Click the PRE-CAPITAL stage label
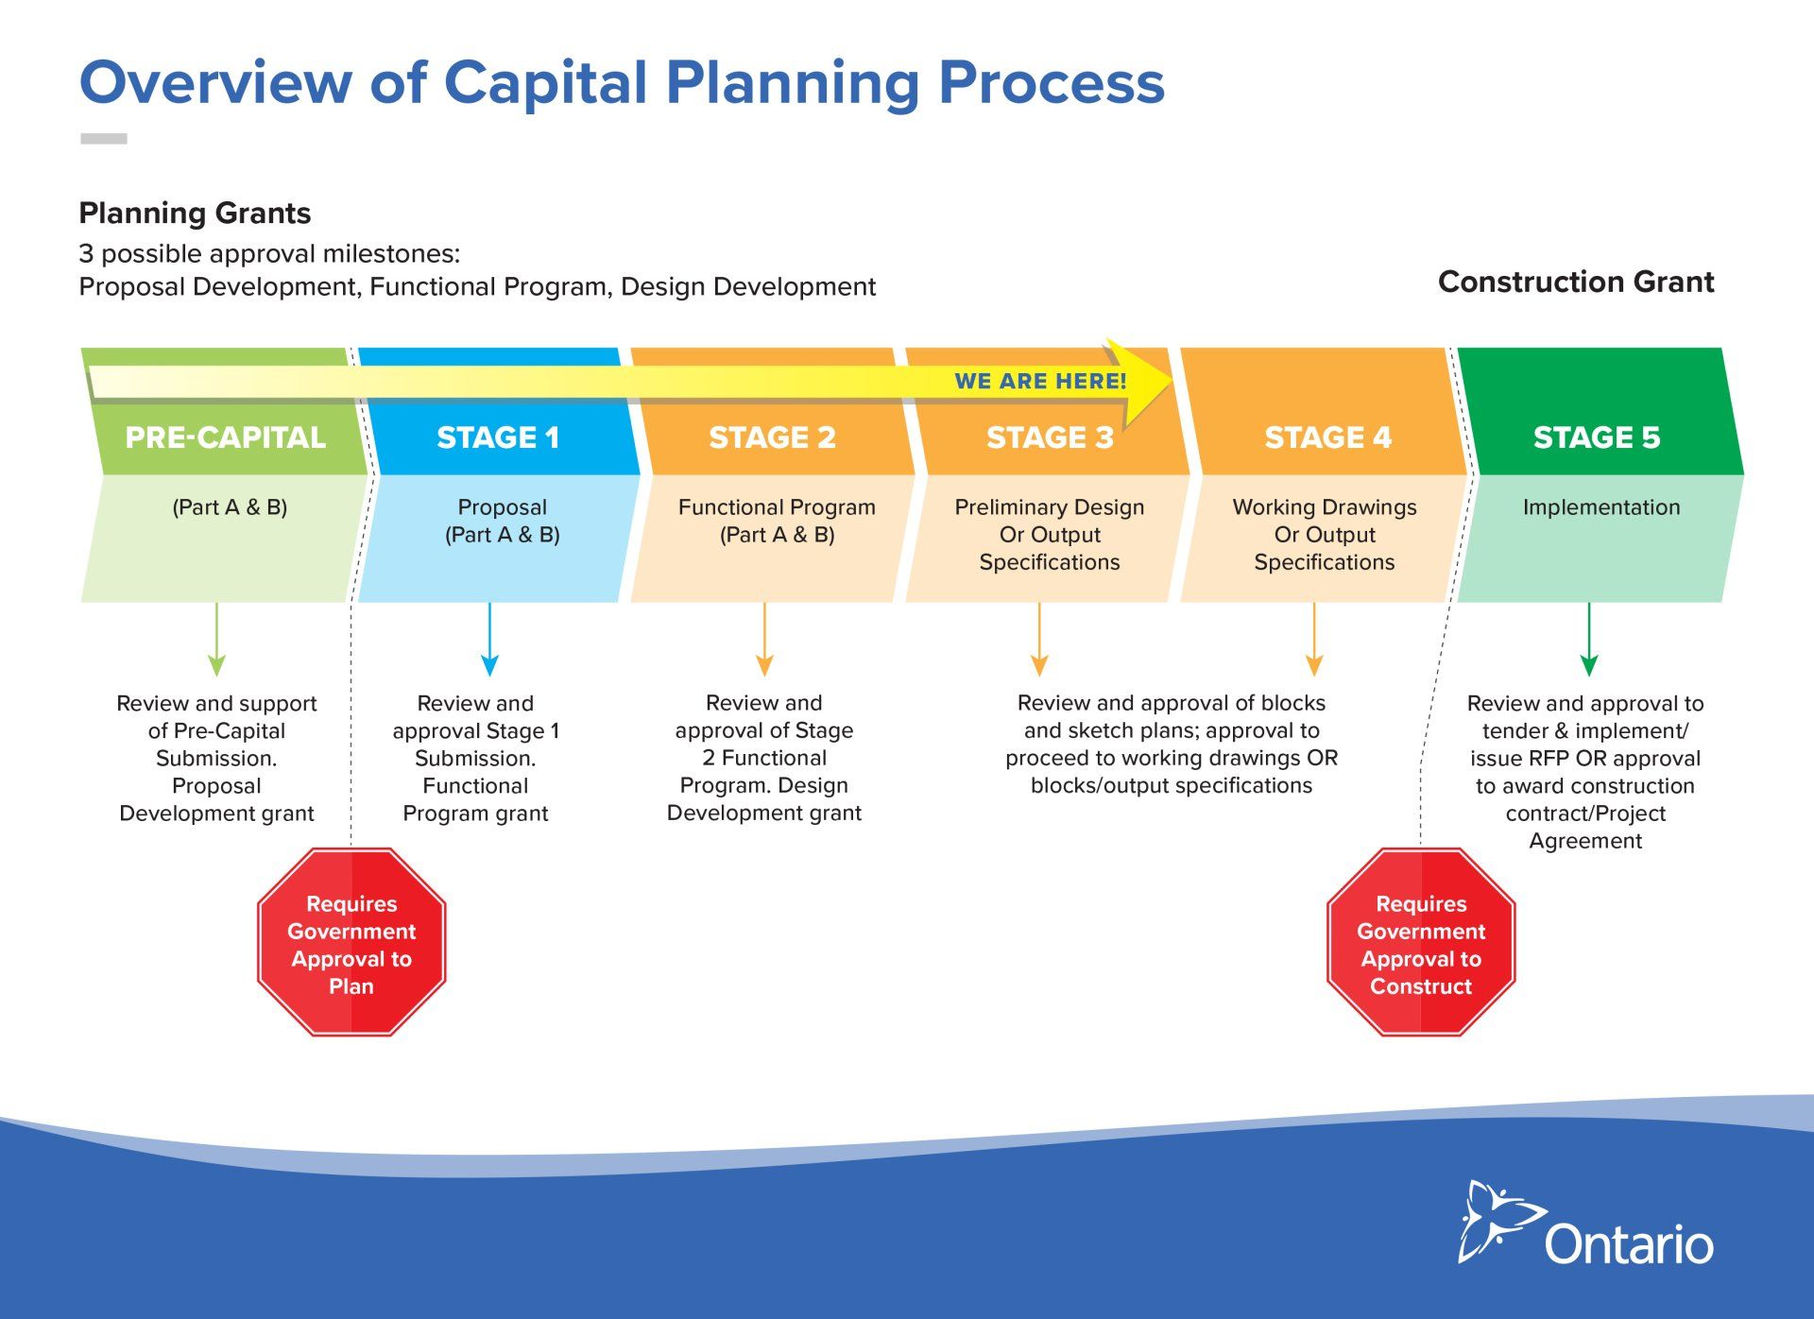225,437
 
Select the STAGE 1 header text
498,437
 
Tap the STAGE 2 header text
772,437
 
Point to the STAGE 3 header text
1050,437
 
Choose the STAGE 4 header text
1327,437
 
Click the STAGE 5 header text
1597,437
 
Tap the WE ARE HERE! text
1040,382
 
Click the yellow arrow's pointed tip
1172,381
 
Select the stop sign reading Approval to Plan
351,942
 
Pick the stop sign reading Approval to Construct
1421,942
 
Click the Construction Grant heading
1576,282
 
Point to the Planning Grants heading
195,214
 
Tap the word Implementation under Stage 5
1601,507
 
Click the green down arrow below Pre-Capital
216,639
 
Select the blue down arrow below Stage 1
489,639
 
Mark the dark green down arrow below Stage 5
1589,639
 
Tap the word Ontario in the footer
1629,1244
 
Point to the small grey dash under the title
104,139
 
